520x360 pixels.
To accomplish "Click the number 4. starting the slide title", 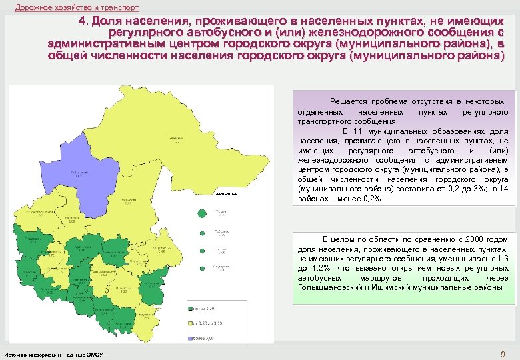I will pyautogui.click(x=83, y=21).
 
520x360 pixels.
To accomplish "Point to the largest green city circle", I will pyautogui.click(x=202, y=213).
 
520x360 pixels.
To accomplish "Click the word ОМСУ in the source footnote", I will pyautogui.click(x=95, y=353).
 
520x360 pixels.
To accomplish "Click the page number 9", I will pyautogui.click(x=502, y=353).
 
